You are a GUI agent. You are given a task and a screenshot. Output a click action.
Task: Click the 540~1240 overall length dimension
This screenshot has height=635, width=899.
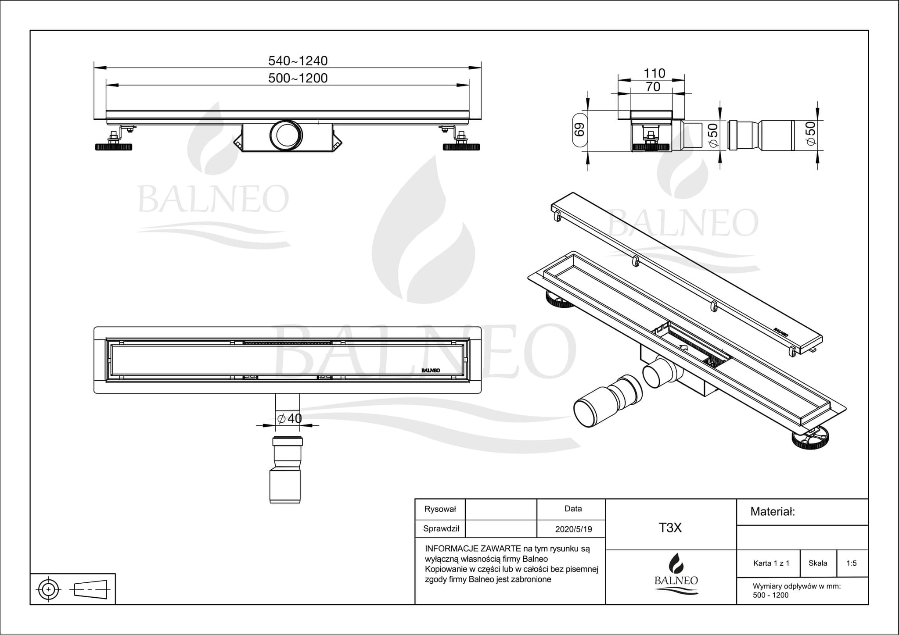pyautogui.click(x=298, y=61)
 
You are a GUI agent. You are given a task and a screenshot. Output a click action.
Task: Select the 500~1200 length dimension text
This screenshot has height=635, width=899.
pyautogui.click(x=298, y=78)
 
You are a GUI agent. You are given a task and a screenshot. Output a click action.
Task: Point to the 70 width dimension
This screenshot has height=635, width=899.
pyautogui.click(x=653, y=87)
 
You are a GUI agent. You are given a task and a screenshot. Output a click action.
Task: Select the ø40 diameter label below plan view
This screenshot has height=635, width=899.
pyautogui.click(x=290, y=418)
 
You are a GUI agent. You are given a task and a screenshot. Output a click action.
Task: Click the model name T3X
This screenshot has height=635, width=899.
pyautogui.click(x=670, y=528)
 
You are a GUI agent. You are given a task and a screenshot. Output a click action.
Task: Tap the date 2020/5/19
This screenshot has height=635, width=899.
pyautogui.click(x=573, y=529)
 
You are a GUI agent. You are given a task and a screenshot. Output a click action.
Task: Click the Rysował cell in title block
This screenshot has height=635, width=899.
pyautogui.click(x=440, y=509)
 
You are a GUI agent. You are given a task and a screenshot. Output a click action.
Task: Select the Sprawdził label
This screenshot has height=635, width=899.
pyautogui.click(x=441, y=528)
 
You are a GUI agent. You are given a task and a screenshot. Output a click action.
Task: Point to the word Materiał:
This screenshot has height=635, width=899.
pyautogui.click(x=773, y=511)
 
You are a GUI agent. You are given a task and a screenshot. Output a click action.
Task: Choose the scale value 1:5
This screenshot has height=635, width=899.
pyautogui.click(x=852, y=563)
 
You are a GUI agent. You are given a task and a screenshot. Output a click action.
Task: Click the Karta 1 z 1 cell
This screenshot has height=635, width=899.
pyautogui.click(x=771, y=563)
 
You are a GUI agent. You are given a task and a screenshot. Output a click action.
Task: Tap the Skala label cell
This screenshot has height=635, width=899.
pyautogui.click(x=818, y=563)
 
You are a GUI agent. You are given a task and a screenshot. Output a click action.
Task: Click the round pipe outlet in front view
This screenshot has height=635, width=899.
pyautogui.click(x=286, y=135)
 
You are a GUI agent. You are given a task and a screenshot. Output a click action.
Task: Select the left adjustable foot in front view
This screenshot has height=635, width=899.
pyautogui.click(x=113, y=146)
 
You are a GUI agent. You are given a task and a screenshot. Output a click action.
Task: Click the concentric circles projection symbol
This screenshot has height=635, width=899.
pyautogui.click(x=48, y=589)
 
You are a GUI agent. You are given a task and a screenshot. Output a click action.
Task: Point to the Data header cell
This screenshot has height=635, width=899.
pyautogui.click(x=573, y=509)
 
